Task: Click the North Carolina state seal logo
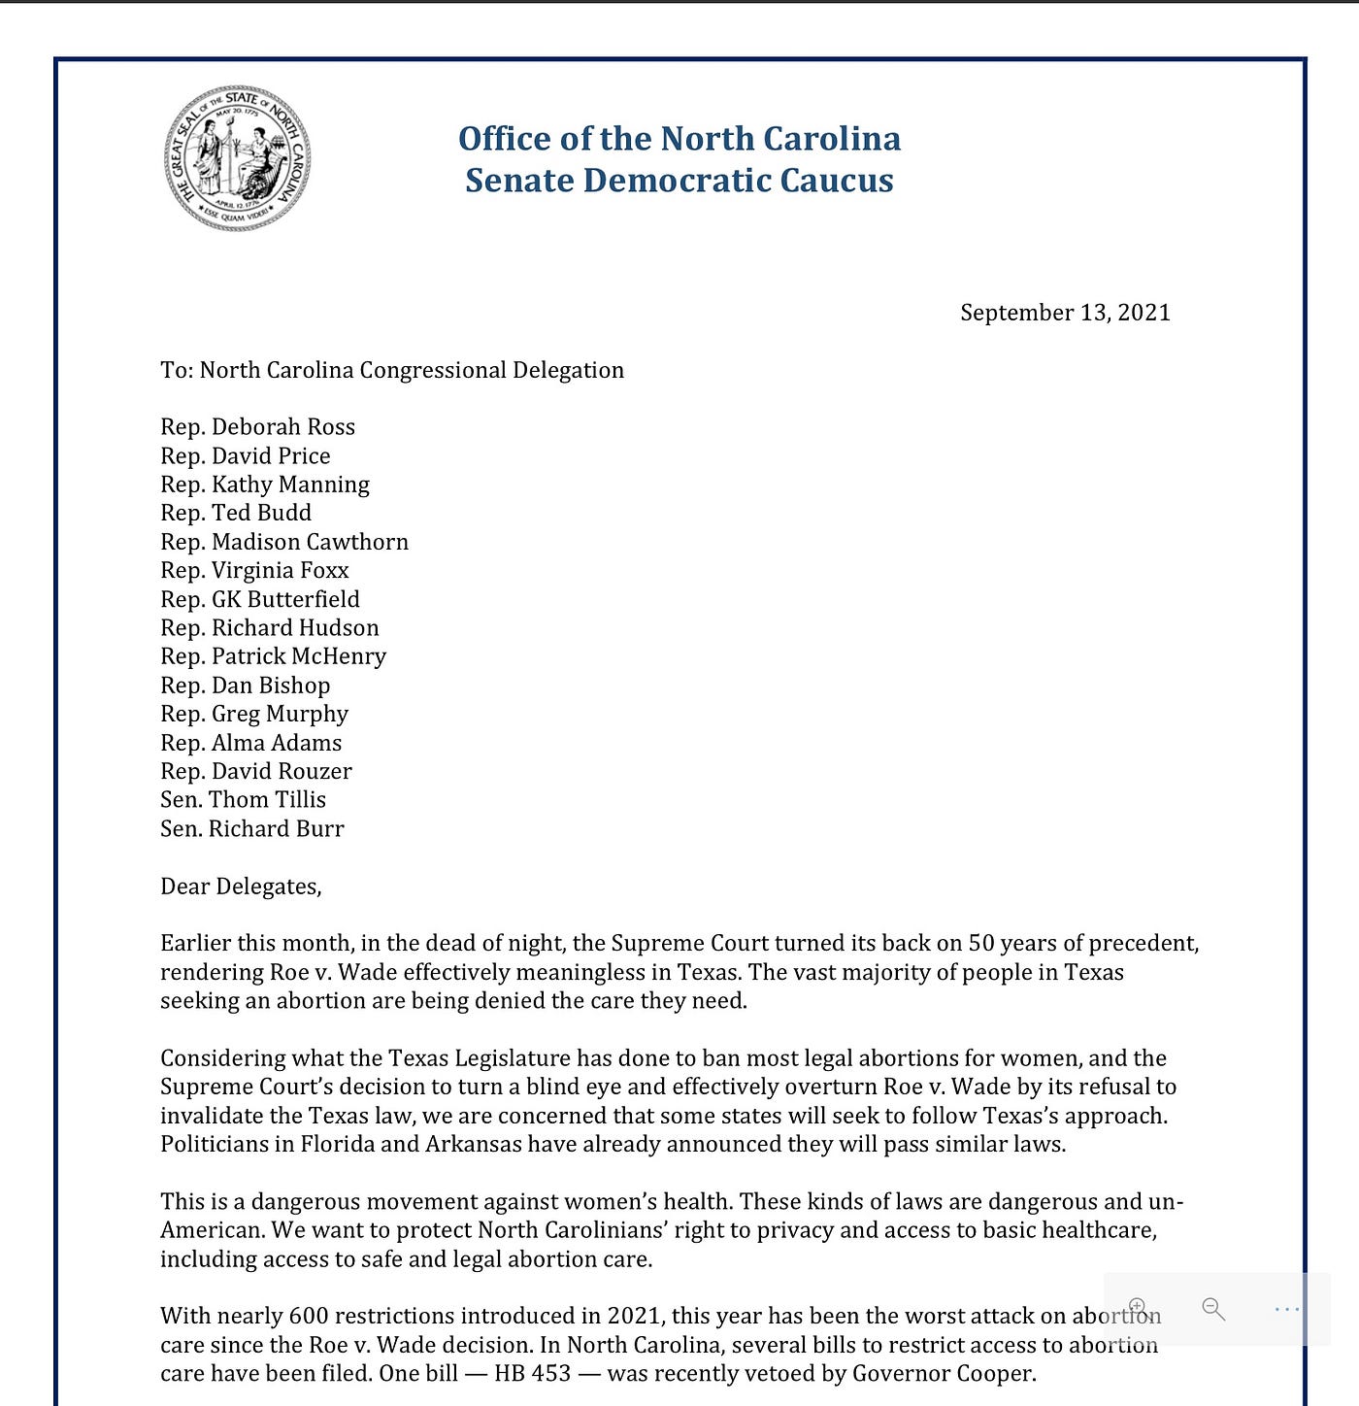tap(238, 157)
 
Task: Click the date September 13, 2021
tap(1065, 313)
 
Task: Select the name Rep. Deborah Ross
tap(257, 427)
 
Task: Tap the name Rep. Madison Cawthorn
tap(284, 542)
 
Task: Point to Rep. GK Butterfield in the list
tap(260, 599)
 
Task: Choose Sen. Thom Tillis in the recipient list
tap(243, 800)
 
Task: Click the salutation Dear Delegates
tap(240, 887)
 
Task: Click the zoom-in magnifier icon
tap(1140, 1308)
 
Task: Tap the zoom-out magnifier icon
tap(1213, 1309)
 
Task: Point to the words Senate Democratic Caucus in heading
tap(679, 181)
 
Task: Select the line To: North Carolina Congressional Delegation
tap(392, 370)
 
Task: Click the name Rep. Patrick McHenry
tap(273, 656)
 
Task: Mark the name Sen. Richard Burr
tap(251, 829)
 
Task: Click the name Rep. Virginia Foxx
tap(254, 571)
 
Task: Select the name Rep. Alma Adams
tap(250, 743)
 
